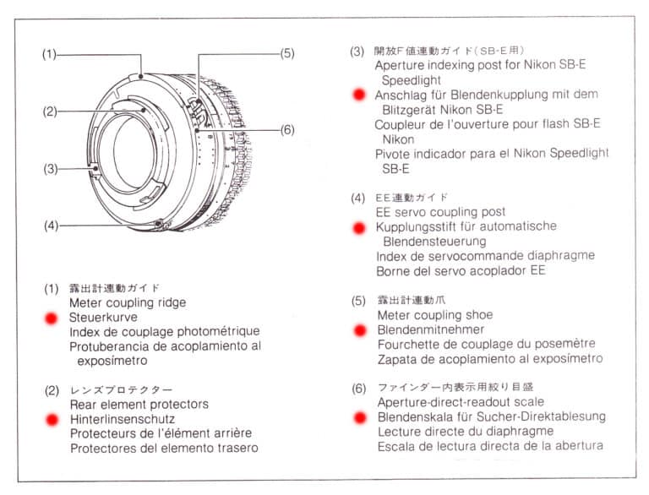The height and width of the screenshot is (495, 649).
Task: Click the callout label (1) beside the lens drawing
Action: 49,55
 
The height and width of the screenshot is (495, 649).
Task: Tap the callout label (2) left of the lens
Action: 49,111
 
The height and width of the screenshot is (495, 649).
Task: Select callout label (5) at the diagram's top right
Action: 287,52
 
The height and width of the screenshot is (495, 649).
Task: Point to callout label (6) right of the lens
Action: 287,129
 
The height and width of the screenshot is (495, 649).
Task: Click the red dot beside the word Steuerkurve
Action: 52,318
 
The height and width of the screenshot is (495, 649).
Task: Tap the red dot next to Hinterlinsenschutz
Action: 52,419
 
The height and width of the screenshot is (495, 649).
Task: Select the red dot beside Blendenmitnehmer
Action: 360,330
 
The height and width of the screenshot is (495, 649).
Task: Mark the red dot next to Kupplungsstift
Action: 360,227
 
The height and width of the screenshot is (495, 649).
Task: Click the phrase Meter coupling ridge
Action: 128,303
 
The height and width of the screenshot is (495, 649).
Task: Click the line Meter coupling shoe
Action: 435,316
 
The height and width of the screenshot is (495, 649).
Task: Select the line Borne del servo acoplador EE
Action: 461,271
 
